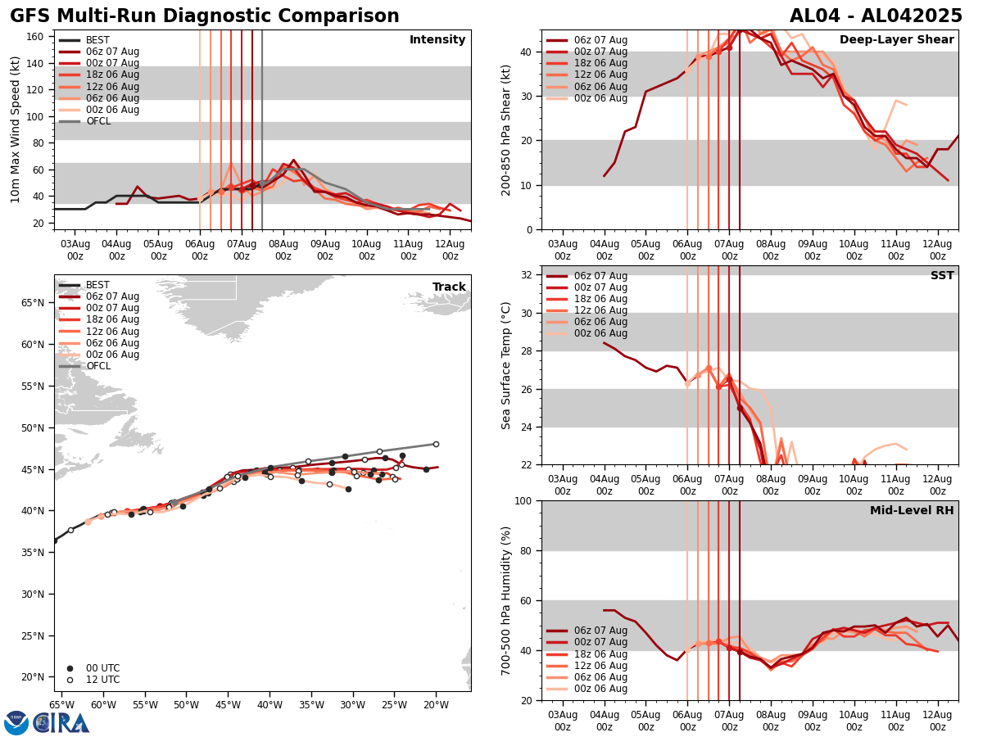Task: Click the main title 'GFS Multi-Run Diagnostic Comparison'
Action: coord(204,16)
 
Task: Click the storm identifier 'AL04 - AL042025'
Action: coord(876,16)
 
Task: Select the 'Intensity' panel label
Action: coord(437,40)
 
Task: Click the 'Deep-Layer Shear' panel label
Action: coord(896,40)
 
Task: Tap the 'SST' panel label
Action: coord(942,276)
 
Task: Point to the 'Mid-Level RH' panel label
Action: coord(912,511)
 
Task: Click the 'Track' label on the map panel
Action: coord(449,287)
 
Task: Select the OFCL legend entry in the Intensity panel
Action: coord(98,121)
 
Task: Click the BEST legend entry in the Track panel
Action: coord(97,285)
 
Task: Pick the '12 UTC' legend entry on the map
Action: coord(102,680)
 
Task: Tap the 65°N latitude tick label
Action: coord(34,303)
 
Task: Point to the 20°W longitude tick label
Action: coord(436,704)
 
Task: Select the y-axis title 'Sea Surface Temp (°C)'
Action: coord(506,365)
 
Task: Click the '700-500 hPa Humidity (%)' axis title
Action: coord(506,600)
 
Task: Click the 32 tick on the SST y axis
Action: coord(527,275)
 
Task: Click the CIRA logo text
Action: coord(61,723)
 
